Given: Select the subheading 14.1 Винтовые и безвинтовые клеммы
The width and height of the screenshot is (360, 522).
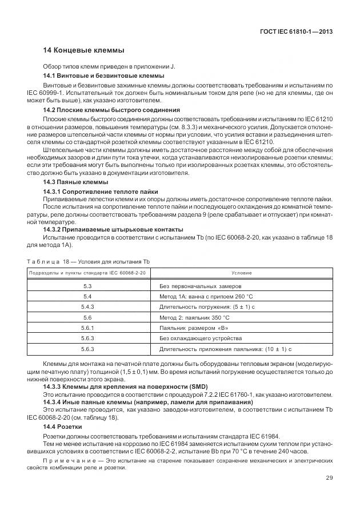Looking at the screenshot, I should pyautogui.click(x=104, y=76).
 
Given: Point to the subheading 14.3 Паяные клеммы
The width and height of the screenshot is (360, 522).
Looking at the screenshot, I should pyautogui.click(x=72, y=181).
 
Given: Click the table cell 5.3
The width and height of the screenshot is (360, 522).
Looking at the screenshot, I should pyautogui.click(x=88, y=285).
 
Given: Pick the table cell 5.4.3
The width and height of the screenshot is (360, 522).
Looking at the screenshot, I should pyautogui.click(x=88, y=306).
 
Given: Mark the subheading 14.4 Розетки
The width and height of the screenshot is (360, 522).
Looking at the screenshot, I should pyautogui.click(x=63, y=427).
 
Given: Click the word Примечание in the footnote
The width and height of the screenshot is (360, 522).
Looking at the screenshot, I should pyautogui.click(x=65, y=461).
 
